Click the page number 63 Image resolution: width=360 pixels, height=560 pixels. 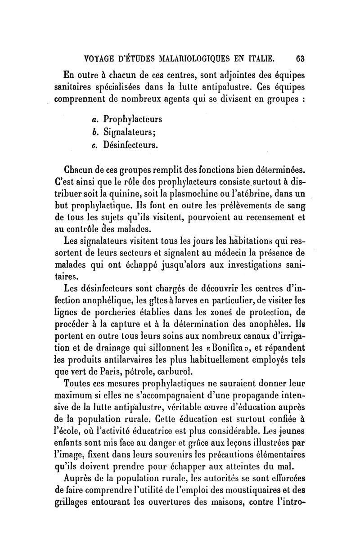coord(301,58)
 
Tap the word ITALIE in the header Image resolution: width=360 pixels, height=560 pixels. coord(258,58)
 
